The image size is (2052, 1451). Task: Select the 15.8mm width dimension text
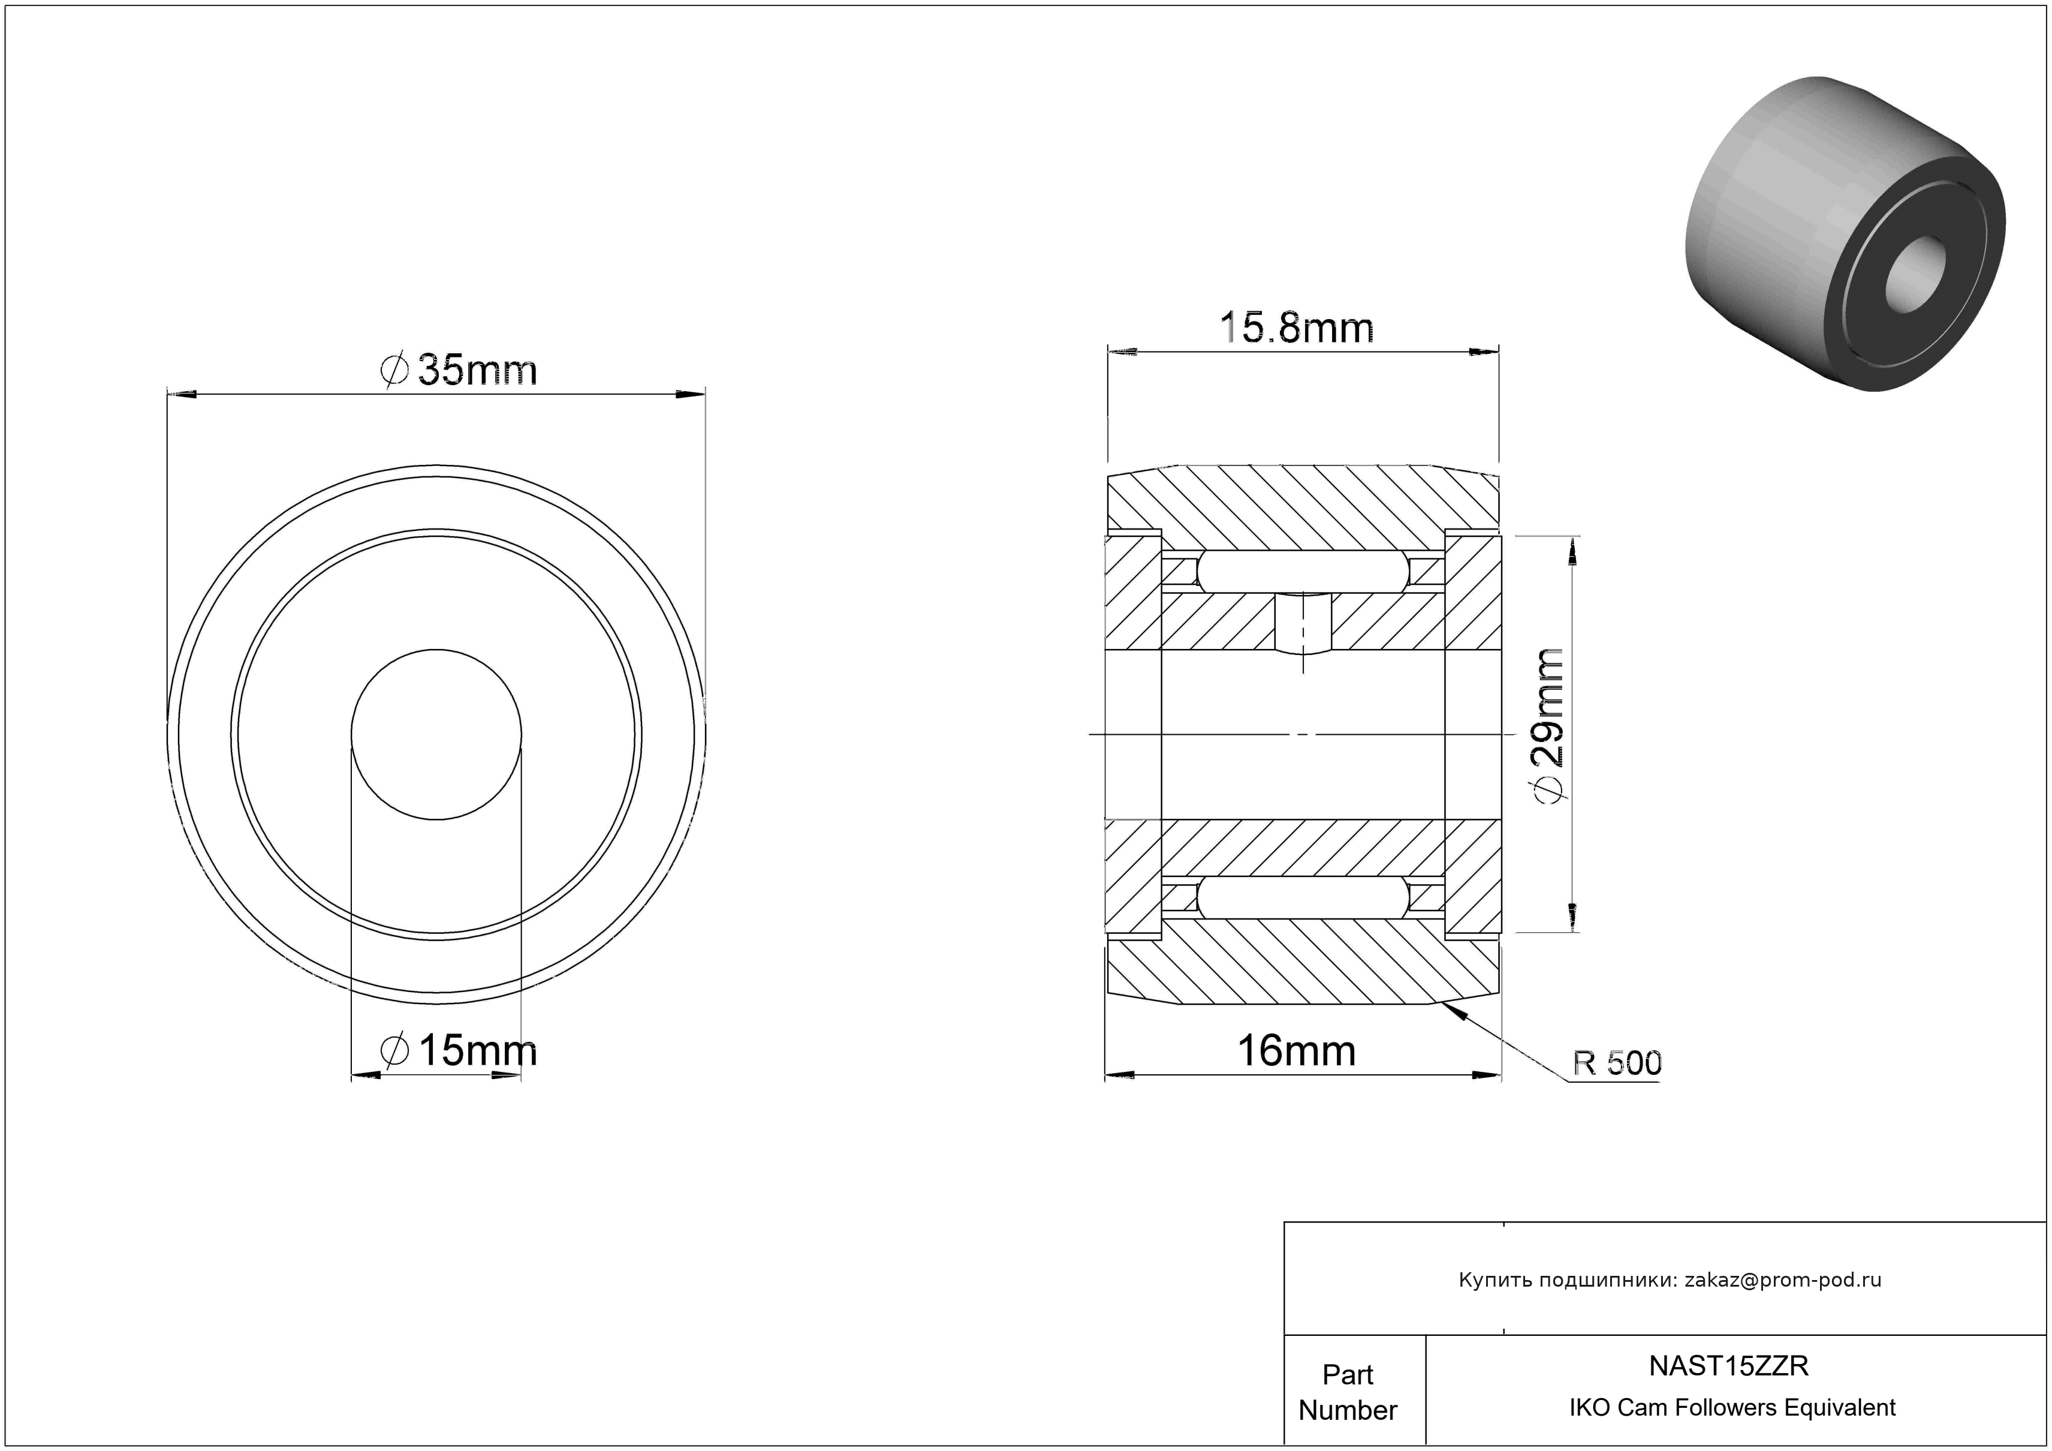click(1297, 328)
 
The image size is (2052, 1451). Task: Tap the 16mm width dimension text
click(1296, 1050)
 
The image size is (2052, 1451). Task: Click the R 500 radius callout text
click(1617, 1063)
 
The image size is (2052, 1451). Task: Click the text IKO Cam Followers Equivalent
click(1732, 1407)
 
